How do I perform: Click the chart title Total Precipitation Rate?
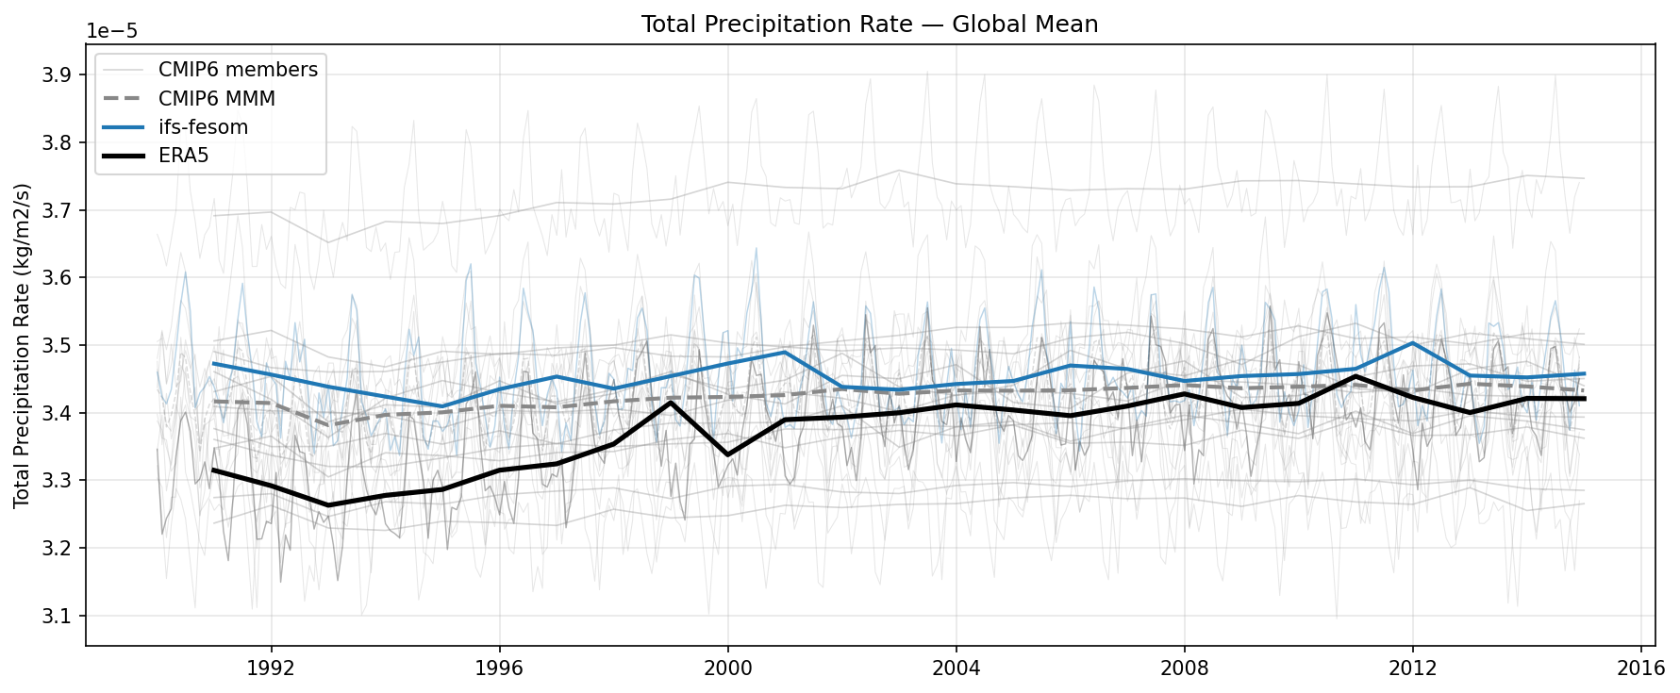(x=869, y=25)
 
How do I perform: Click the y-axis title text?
(x=22, y=345)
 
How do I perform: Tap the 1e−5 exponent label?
(x=111, y=31)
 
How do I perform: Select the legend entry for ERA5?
(x=183, y=156)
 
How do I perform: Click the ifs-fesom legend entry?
(x=203, y=127)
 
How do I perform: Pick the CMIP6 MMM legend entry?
(x=216, y=98)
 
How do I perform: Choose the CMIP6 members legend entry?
(x=238, y=70)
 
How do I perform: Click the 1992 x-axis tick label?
(x=272, y=668)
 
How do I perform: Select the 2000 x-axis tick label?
(x=727, y=668)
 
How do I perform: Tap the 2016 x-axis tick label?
(x=1640, y=668)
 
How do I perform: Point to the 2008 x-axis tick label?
(x=1184, y=668)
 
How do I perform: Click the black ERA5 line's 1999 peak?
(x=671, y=403)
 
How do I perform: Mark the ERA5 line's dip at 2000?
(x=727, y=454)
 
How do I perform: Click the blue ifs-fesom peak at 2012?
(x=1412, y=343)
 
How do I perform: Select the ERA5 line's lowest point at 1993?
(x=328, y=505)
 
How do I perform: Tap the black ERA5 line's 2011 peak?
(x=1356, y=376)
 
